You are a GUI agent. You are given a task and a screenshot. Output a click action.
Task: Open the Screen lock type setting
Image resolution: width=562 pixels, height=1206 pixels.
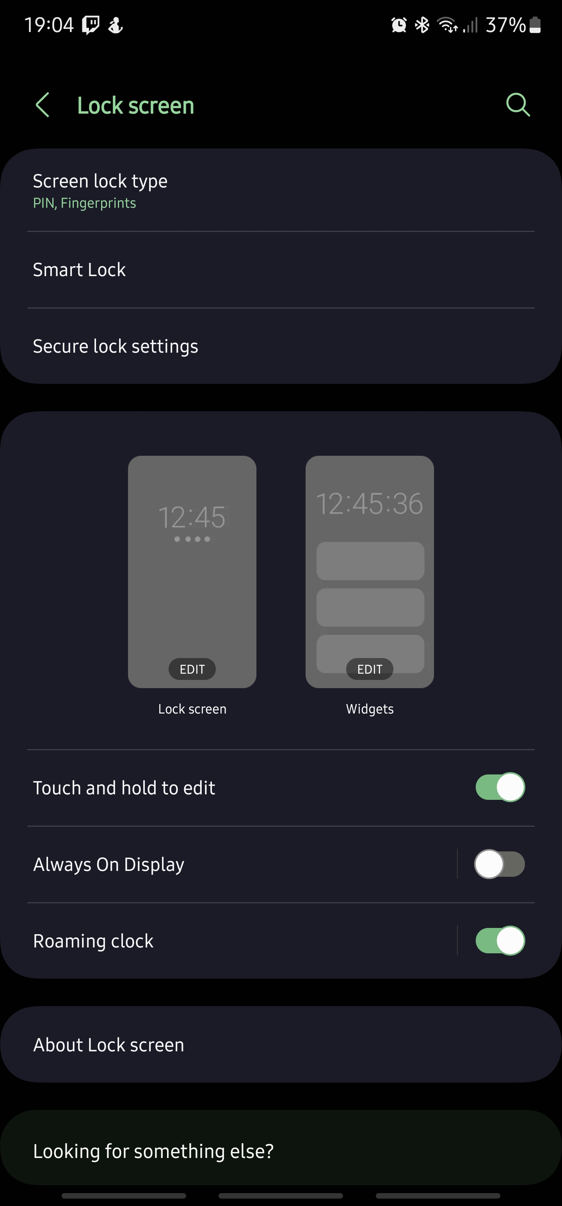100,181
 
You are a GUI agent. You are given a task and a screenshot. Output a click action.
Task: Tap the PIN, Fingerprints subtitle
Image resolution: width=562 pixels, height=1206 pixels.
84,203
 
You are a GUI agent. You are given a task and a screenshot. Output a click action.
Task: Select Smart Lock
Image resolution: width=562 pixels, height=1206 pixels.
79,269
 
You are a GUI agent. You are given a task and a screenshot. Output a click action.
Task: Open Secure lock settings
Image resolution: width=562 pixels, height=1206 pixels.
115,346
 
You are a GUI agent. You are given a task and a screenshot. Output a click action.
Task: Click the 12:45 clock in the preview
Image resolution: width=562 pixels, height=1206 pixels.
192,517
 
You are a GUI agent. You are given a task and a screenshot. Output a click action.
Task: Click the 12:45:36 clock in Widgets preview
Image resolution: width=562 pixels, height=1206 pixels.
370,504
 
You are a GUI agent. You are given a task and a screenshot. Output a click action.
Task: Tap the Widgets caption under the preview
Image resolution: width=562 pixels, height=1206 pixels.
370,709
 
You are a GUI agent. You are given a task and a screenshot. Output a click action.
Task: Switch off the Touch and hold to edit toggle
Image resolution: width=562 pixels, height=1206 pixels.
500,787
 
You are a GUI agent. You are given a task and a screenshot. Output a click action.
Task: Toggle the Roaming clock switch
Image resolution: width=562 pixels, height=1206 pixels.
500,940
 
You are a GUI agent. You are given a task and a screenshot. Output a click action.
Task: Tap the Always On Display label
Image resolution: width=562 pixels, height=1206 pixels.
108,864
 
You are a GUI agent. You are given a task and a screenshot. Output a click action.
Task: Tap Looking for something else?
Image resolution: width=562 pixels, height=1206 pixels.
153,1151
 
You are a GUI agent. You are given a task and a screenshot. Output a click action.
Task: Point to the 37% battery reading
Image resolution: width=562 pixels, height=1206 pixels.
505,25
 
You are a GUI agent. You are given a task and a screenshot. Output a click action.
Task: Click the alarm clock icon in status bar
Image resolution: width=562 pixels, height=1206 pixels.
399,25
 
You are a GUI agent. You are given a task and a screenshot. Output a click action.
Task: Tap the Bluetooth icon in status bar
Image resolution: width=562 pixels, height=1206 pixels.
422,25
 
